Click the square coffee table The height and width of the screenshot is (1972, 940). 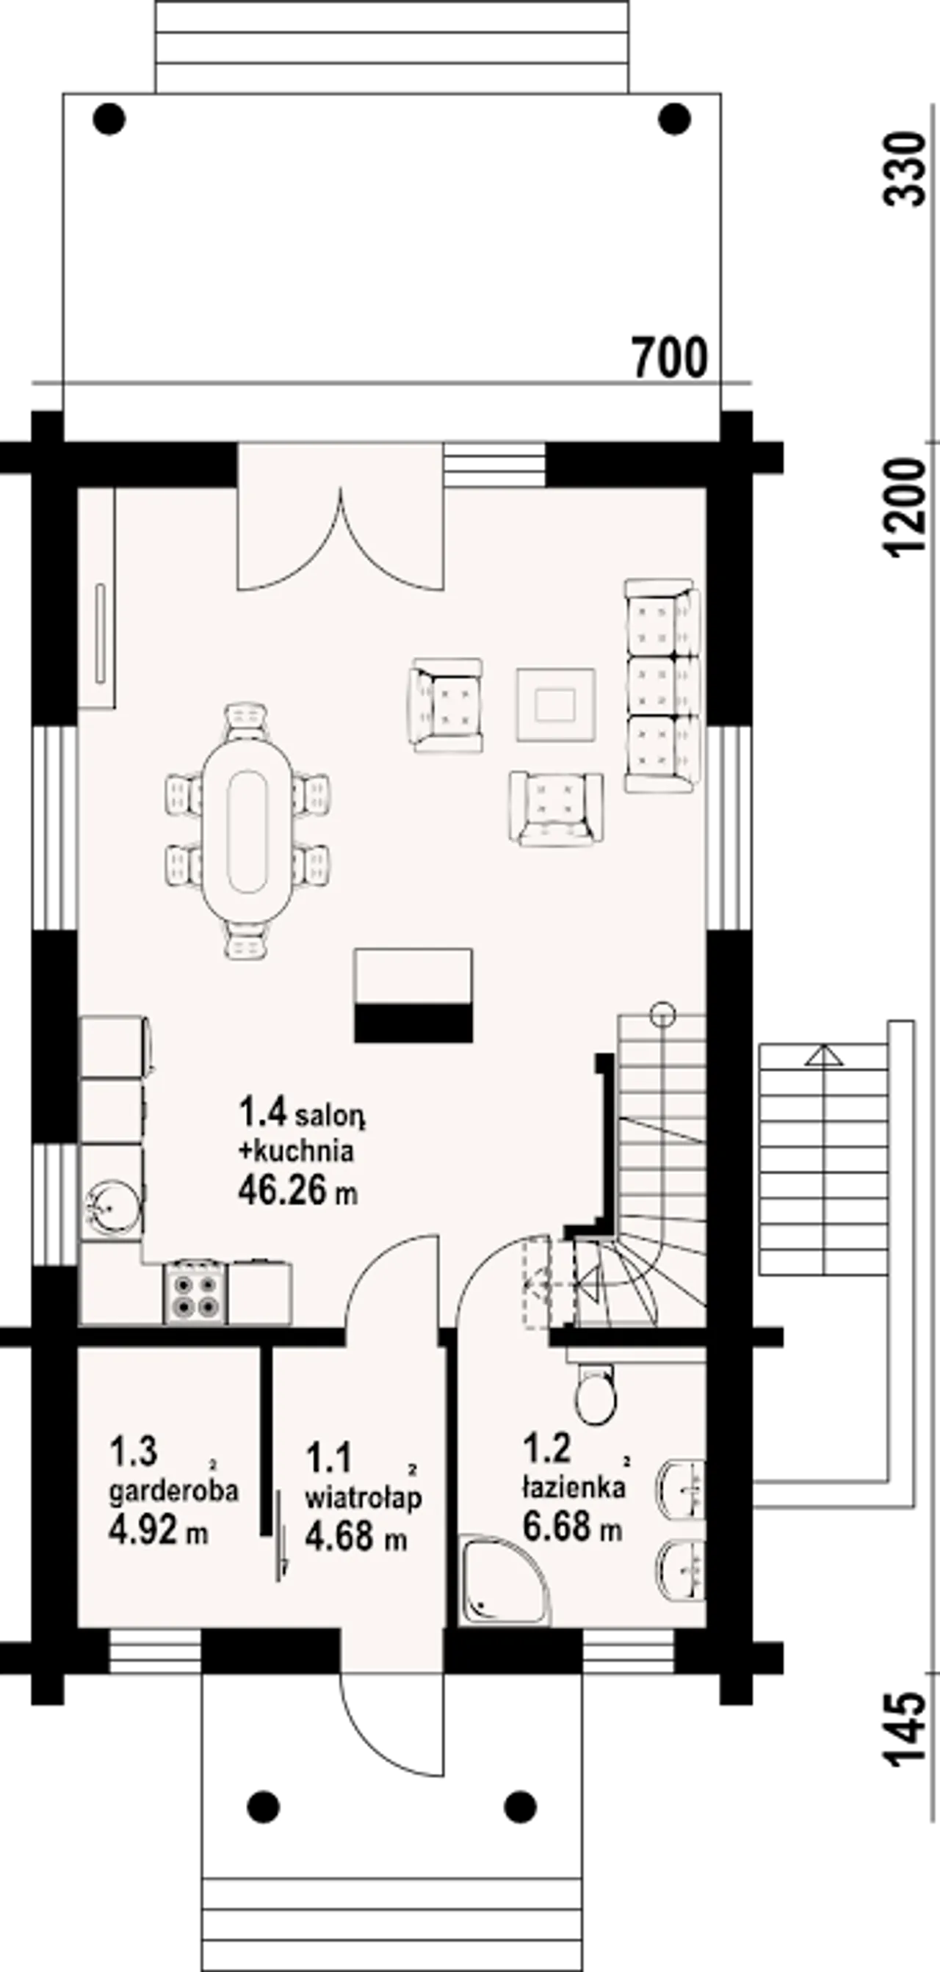[x=556, y=705]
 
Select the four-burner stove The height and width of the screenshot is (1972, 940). [x=195, y=1292]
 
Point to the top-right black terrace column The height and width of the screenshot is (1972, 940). [x=674, y=119]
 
